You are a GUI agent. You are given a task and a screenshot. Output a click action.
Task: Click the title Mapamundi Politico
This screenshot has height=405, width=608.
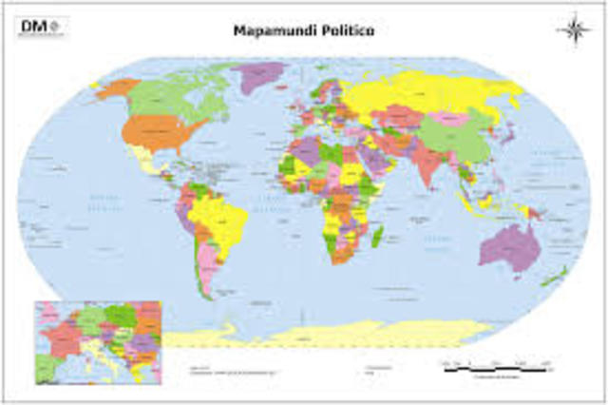click(304, 29)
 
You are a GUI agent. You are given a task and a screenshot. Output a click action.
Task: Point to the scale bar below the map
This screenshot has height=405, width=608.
click(495, 365)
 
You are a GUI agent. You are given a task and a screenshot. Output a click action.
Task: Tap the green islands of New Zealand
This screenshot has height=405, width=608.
click(552, 278)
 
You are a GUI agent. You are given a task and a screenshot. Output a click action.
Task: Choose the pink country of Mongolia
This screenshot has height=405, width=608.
click(453, 119)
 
